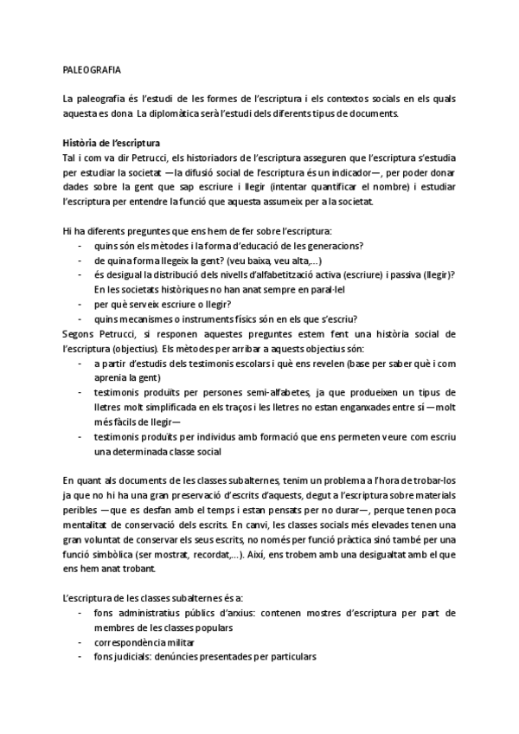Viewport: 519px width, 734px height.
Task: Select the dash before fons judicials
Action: coord(81,656)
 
